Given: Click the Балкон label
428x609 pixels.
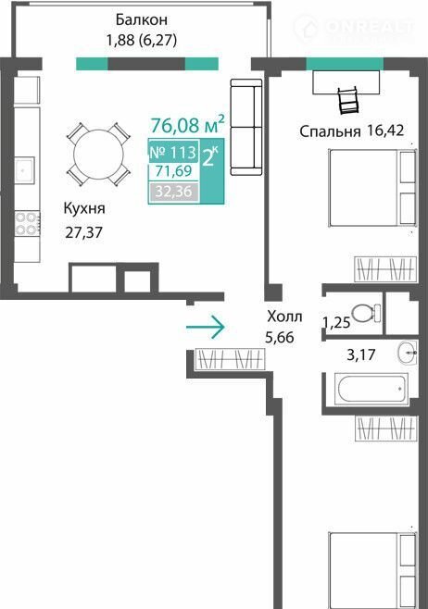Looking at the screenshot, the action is tap(142, 19).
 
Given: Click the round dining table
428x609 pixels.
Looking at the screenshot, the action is tap(98, 155).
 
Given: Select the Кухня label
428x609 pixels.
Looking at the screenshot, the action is tap(84, 208).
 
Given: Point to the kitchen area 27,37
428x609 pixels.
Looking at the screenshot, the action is tap(84, 232).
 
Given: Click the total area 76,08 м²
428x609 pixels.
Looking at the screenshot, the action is tap(188, 124).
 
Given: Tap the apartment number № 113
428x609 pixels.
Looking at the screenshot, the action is tap(173, 152).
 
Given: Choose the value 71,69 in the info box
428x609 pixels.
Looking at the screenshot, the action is tap(173, 171).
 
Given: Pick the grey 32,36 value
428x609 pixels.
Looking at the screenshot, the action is tap(173, 192).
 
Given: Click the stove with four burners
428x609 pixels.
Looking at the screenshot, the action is tap(27, 223).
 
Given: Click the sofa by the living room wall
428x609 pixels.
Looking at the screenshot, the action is tap(246, 127).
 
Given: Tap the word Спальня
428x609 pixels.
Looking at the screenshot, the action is tap(330, 131).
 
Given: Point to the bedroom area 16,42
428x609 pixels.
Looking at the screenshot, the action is tap(385, 130).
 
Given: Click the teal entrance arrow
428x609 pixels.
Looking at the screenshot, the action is tap(206, 327).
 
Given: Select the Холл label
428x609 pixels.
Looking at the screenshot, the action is tap(284, 317).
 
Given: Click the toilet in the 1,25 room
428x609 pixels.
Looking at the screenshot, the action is tap(366, 313).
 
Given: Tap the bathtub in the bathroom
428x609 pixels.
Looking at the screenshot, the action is tap(371, 389).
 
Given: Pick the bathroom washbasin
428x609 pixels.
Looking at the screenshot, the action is tap(408, 353).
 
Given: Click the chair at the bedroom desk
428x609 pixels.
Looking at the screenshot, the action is tap(348, 101).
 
